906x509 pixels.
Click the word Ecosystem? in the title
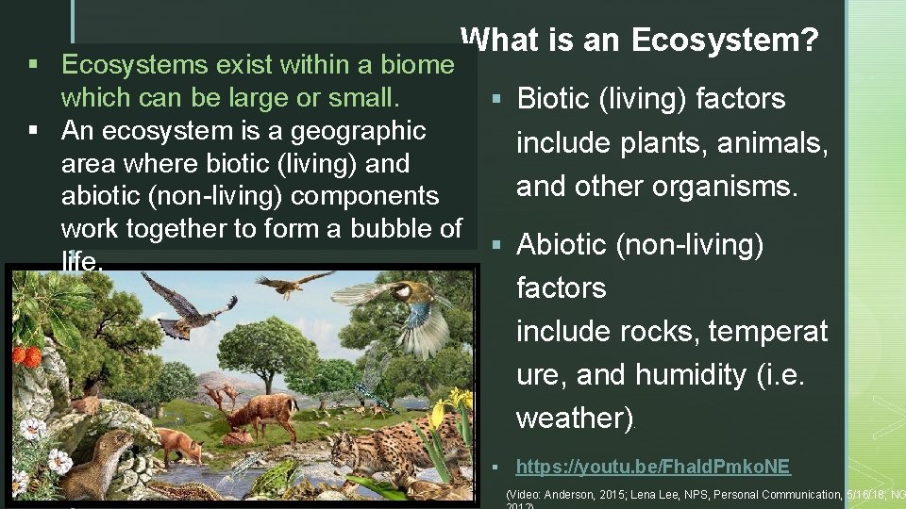tap(725, 41)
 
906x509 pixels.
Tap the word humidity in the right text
tap(691, 374)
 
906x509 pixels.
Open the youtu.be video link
tap(653, 466)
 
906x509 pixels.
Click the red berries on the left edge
tap(27, 356)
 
